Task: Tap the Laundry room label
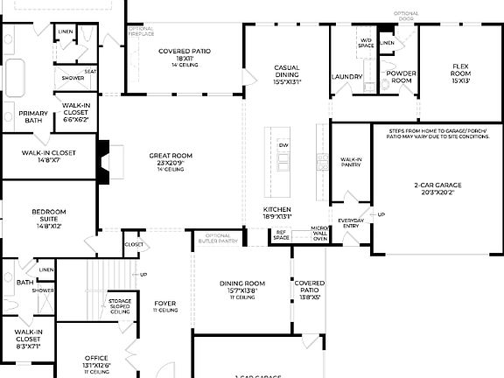(x=346, y=77)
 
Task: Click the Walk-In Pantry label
(x=351, y=162)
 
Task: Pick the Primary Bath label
(x=33, y=116)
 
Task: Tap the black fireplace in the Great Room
(x=104, y=161)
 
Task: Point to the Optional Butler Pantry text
(x=217, y=238)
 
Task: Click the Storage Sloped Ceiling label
(x=120, y=306)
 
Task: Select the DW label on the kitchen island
(x=283, y=145)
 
